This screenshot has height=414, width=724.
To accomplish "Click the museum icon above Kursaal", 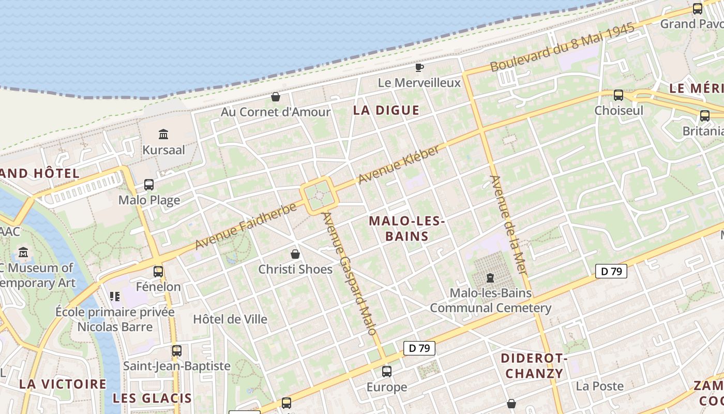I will pos(163,135).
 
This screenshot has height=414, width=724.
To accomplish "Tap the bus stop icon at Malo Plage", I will pos(149,185).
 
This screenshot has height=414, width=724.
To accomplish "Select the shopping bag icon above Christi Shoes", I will pos(295,254).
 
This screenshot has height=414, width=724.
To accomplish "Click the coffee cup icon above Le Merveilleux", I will pos(419,67).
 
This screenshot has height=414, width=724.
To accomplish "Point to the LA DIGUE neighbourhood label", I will pos(386,110).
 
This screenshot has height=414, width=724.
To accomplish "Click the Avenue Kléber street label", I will pos(399,165).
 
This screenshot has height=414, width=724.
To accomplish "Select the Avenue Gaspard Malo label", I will pos(350,273).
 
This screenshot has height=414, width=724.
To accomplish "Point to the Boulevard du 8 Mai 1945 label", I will pos(562,48).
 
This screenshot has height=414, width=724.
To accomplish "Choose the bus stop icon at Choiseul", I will pos(619,95).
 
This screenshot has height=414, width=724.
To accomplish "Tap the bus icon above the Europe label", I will pos(387,371).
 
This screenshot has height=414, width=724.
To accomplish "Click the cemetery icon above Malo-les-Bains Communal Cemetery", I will pos(490,278).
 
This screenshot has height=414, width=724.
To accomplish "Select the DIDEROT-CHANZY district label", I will pos(534,366).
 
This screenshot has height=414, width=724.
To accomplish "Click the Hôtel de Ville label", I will pos(230,319).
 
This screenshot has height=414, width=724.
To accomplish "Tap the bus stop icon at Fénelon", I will pos(158,271).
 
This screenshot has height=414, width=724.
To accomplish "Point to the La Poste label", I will pos(599,386).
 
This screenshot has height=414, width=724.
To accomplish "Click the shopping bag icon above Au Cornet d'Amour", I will pos(276,97).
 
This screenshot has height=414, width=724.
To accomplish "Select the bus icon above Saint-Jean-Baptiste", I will pos(177,350).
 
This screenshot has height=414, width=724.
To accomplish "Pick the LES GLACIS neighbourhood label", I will pos(152,398).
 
